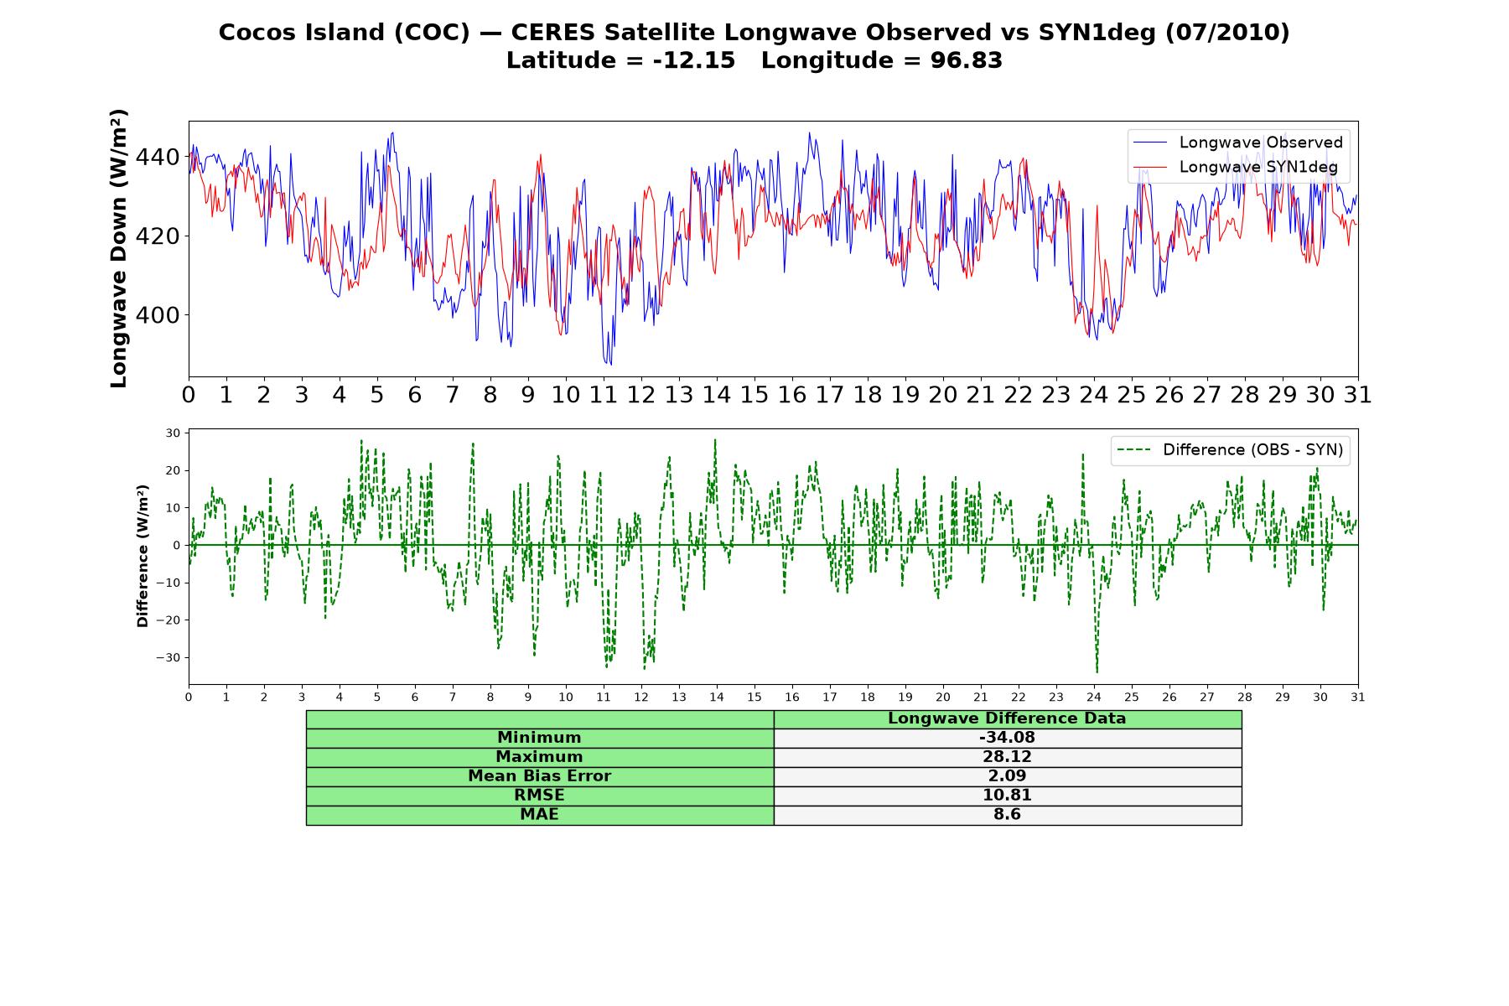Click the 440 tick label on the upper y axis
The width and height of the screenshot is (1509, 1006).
158,157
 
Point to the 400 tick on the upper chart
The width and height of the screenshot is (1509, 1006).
158,315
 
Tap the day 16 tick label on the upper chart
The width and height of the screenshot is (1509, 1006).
792,394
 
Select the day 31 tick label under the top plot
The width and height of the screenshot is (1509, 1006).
1358,394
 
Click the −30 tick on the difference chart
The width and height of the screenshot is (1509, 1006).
169,658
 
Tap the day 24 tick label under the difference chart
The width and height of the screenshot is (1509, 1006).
1094,697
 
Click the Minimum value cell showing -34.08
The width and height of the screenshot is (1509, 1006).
1007,738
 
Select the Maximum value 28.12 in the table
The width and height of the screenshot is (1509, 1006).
1007,757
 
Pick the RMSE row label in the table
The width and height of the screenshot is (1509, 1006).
539,796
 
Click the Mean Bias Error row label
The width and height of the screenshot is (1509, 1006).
539,776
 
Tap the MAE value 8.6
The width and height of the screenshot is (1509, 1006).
1007,815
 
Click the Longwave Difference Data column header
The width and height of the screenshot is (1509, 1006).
1007,718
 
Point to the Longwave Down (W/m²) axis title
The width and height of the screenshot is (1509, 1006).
118,248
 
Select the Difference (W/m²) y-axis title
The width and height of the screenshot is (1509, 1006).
143,556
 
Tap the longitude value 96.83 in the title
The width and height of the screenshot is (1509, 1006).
966,60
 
